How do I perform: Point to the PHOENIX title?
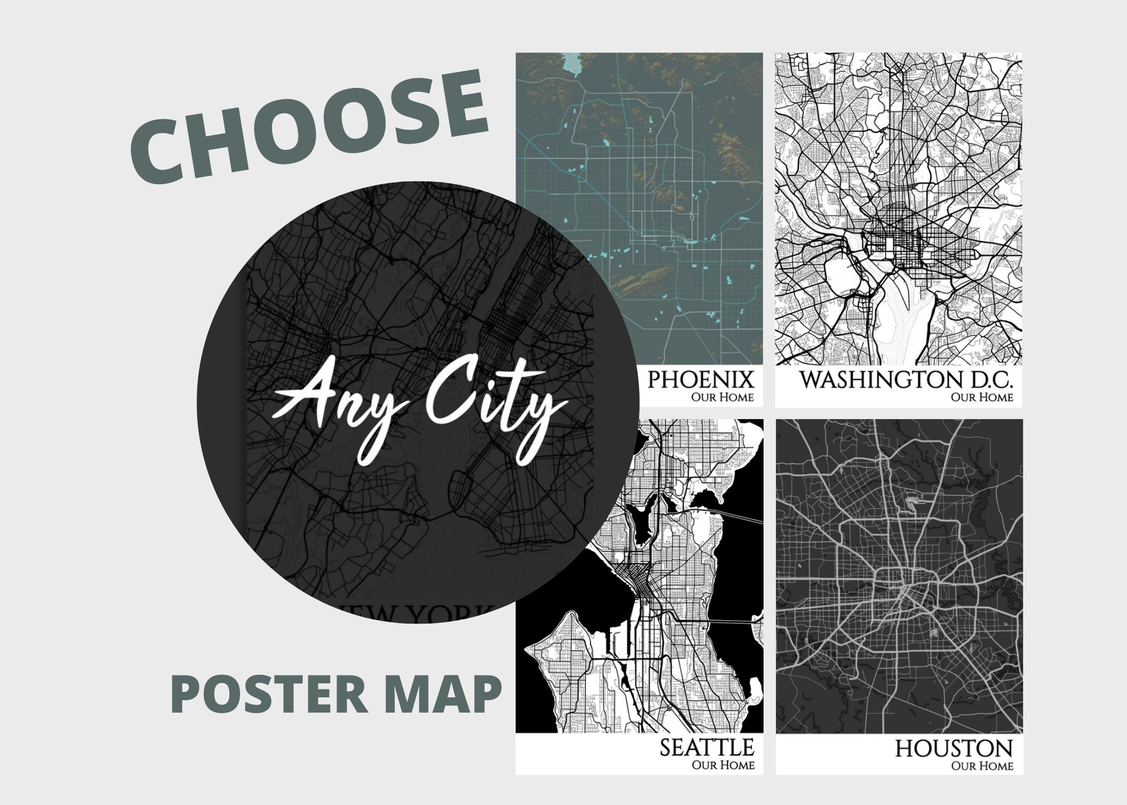[x=700, y=380]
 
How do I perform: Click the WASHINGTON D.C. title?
[x=906, y=380]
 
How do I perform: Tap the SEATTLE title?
[x=707, y=748]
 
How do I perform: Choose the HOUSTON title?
[x=953, y=749]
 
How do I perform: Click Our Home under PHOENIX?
[x=722, y=397]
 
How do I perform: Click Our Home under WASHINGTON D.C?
[x=982, y=397]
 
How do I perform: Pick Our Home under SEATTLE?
[x=723, y=765]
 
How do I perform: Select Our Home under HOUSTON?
[x=982, y=766]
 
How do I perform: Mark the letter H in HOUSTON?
[x=905, y=749]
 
